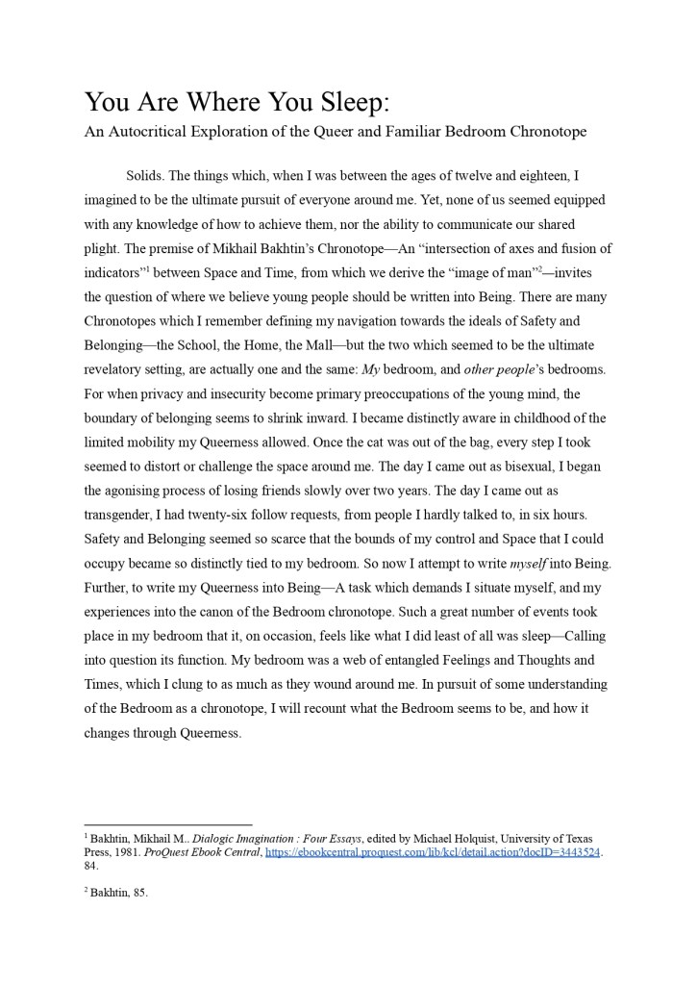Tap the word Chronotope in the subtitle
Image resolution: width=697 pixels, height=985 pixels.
click(539, 131)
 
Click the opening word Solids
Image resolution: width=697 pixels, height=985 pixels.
click(144, 176)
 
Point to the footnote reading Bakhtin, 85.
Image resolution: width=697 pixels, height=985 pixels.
click(118, 892)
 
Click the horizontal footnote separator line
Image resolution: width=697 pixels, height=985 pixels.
click(167, 824)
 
